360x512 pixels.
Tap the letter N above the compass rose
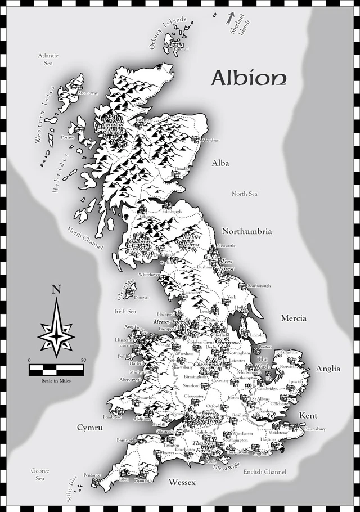[56, 290]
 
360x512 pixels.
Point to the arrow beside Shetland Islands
[230, 18]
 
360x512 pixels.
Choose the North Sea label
[245, 194]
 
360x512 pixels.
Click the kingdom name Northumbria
[247, 231]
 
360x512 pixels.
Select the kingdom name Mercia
[294, 318]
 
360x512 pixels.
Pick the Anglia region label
[328, 369]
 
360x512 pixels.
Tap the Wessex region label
[182, 483]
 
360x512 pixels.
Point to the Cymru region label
[91, 428]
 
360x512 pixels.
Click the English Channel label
[265, 471]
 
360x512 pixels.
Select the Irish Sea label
[125, 311]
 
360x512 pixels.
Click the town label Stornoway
[88, 93]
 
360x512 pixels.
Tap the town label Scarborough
[258, 286]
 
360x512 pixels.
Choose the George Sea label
[40, 475]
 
